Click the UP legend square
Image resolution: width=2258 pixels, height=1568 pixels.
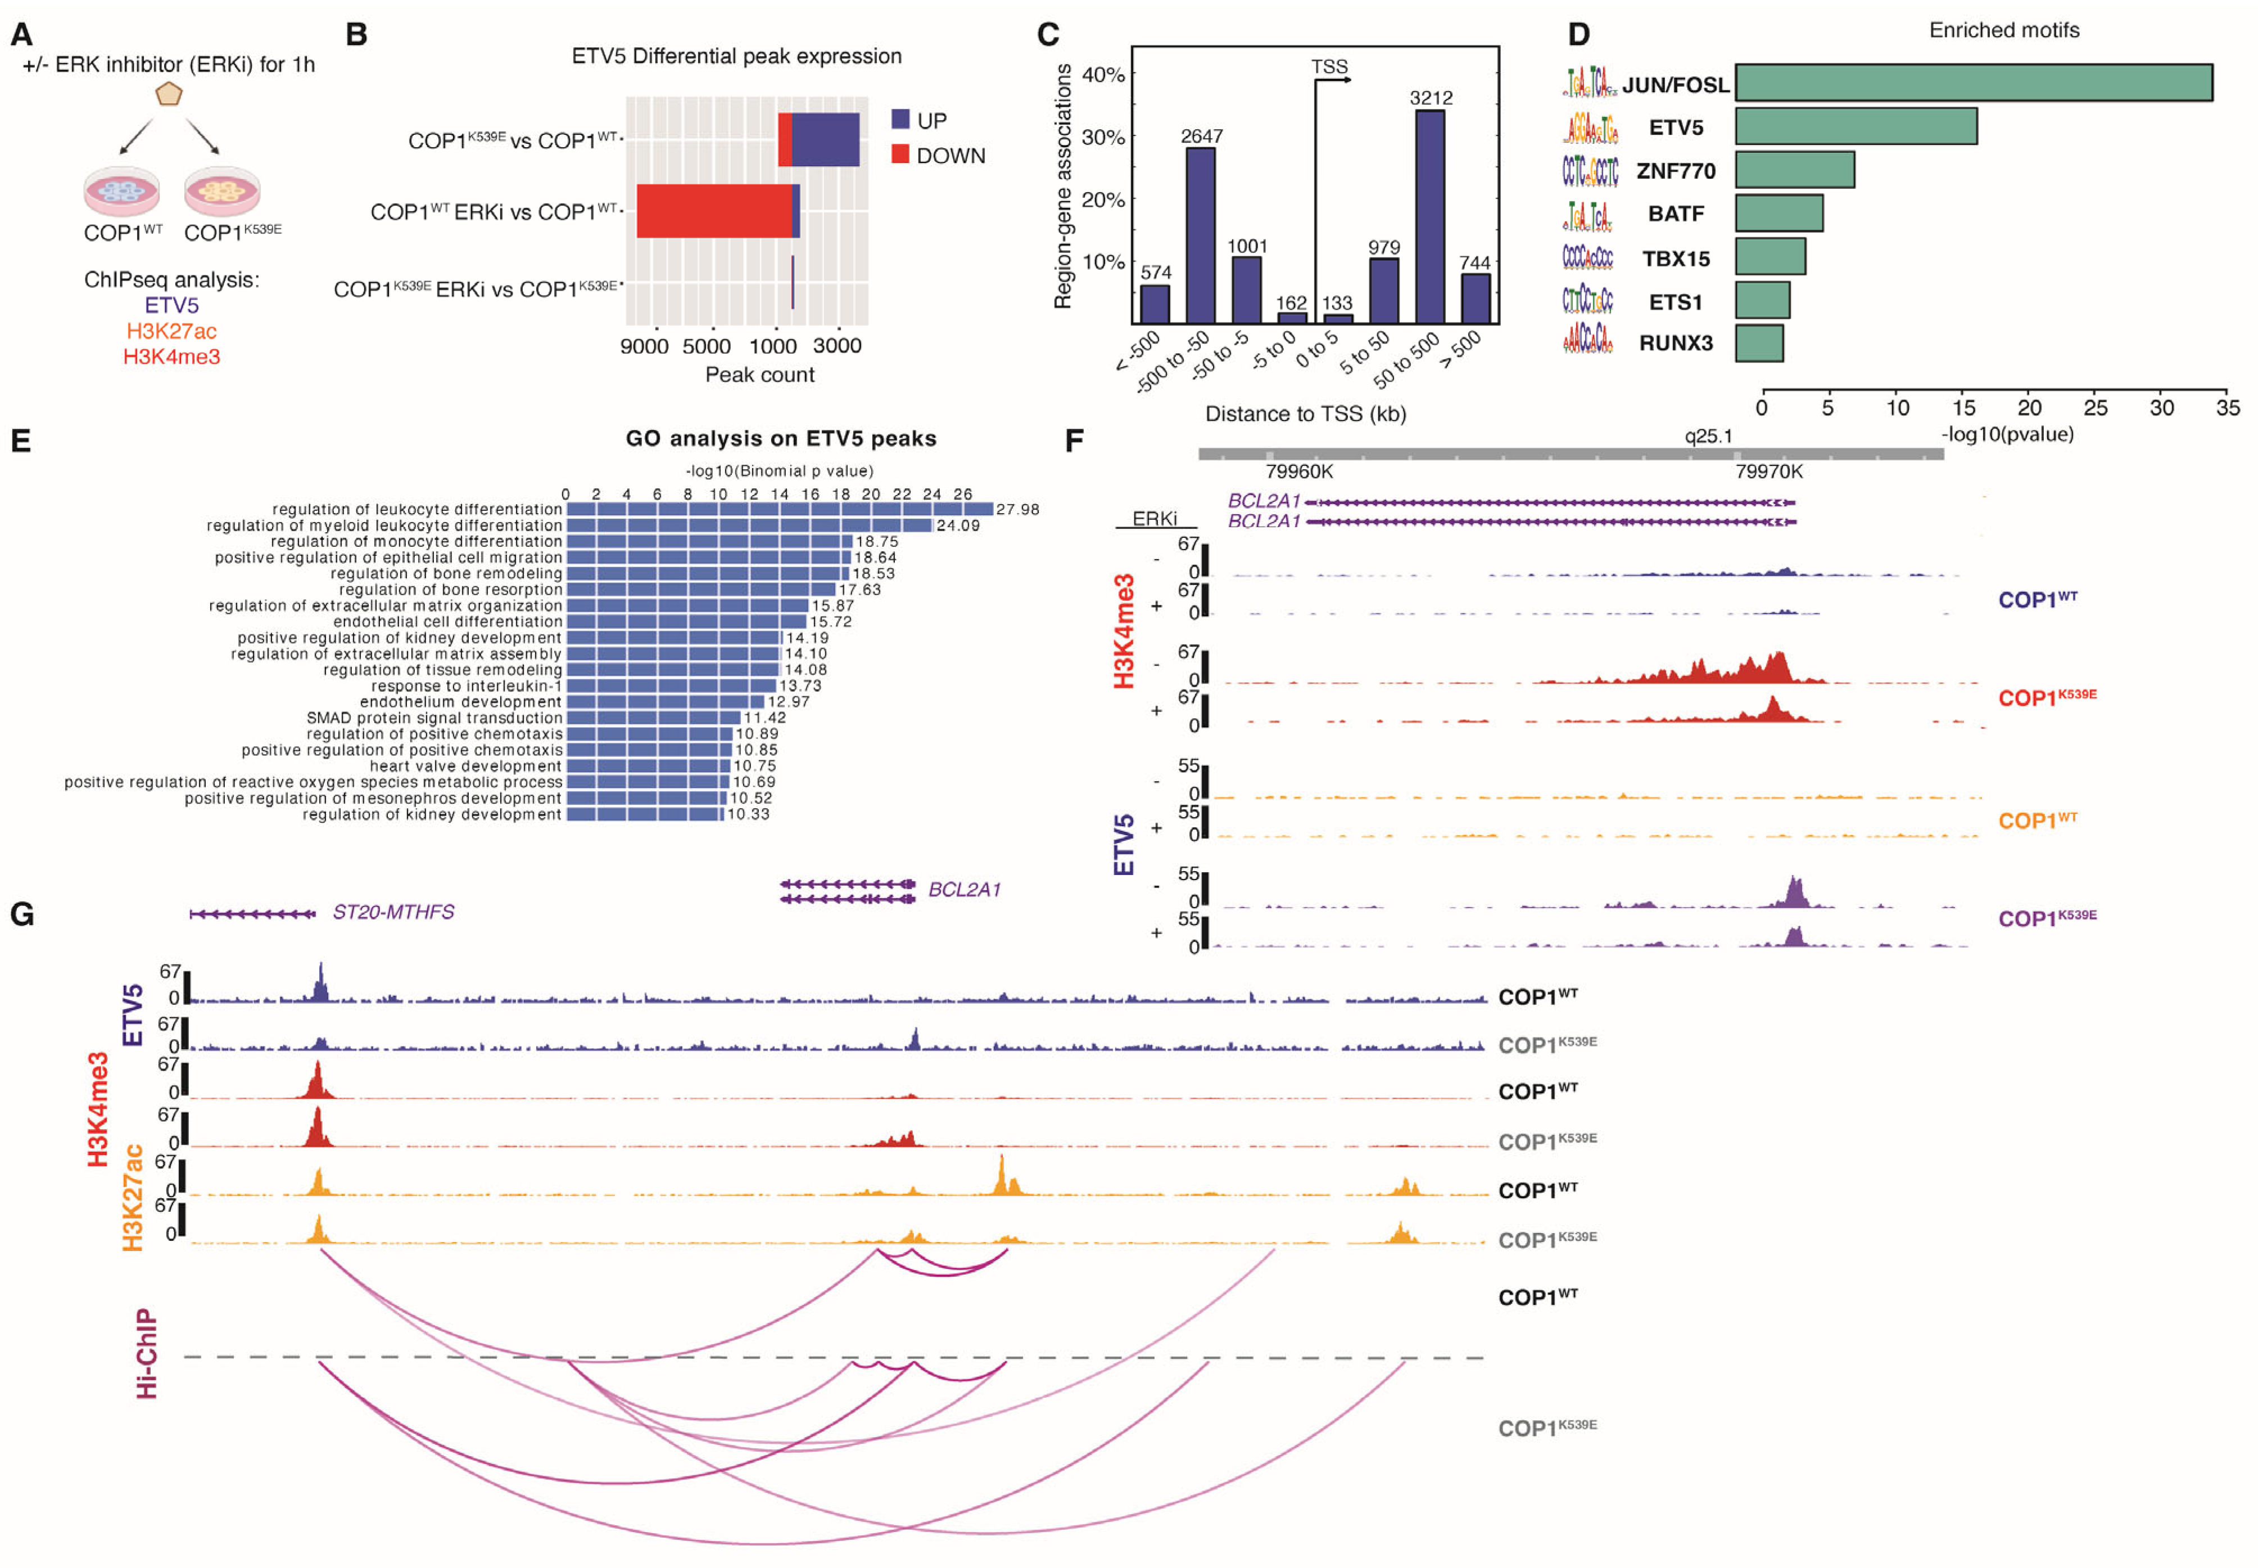pos(899,119)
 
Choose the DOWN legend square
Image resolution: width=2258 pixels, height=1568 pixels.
pos(899,154)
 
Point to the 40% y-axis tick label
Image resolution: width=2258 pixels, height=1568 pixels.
pos(1102,75)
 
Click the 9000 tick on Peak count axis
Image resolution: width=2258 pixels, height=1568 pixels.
pos(644,346)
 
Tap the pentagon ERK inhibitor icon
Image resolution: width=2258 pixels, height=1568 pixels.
pos(169,94)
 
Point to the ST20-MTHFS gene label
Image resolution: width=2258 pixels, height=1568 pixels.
pos(393,912)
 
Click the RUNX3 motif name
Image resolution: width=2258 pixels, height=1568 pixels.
pos(1675,343)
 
